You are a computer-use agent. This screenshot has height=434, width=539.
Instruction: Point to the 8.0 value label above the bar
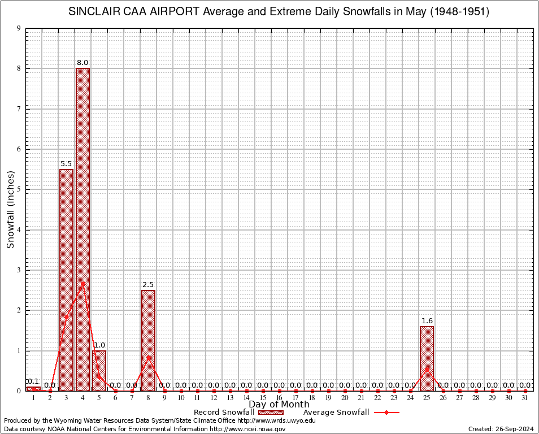pyautogui.click(x=82, y=63)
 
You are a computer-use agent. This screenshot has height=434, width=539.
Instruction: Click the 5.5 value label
pyautogui.click(x=66, y=164)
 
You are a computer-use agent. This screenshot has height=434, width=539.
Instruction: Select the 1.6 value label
pyautogui.click(x=427, y=321)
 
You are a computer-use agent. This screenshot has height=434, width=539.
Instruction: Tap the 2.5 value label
pyautogui.click(x=148, y=285)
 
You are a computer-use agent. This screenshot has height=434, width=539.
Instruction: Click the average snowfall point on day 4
pyautogui.click(x=82, y=284)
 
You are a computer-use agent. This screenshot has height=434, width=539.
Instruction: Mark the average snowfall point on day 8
pyautogui.click(x=148, y=357)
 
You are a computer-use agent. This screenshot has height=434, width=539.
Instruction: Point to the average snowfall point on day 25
pyautogui.click(x=427, y=369)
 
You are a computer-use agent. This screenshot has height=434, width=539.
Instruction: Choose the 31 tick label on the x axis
pyautogui.click(x=525, y=398)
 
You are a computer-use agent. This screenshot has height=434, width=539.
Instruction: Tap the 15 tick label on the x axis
pyautogui.click(x=263, y=398)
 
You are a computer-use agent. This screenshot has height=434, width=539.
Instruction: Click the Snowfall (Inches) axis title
pyautogui.click(x=11, y=210)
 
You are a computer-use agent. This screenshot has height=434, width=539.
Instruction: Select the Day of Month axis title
pyautogui.click(x=279, y=405)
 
